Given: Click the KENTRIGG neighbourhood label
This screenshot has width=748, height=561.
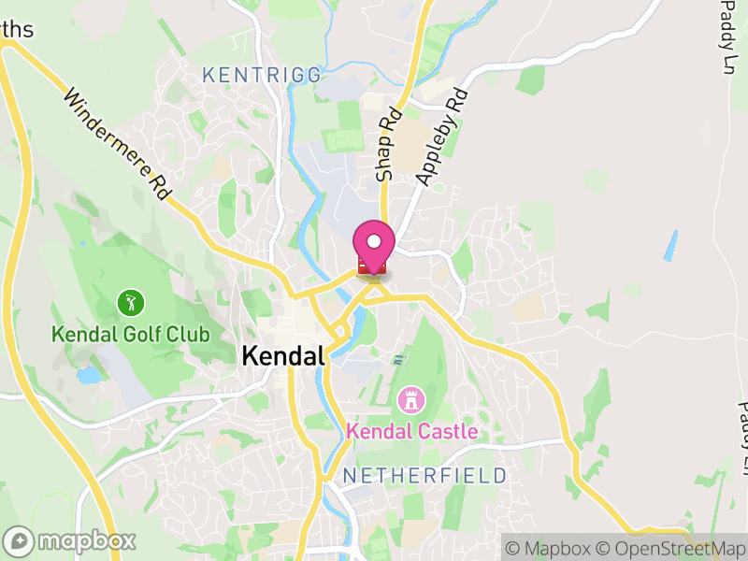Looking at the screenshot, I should coord(261,74).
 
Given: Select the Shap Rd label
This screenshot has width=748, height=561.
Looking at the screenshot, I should coord(388,143).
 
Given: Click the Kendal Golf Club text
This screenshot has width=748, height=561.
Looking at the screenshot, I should coord(130,334).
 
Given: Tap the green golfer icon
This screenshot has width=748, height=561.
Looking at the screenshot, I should coord(131,302).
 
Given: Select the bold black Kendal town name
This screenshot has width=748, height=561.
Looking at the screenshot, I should coord(282,356).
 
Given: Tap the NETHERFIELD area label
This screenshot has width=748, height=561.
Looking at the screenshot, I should coord(424,476).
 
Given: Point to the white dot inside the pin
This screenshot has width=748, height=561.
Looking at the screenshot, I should coord(374,242).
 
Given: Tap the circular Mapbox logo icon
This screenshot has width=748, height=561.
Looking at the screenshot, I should coord(20,541).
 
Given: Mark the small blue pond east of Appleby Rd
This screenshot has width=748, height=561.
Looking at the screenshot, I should coord(670,245).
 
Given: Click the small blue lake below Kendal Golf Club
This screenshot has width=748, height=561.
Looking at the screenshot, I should coord(89,376).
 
